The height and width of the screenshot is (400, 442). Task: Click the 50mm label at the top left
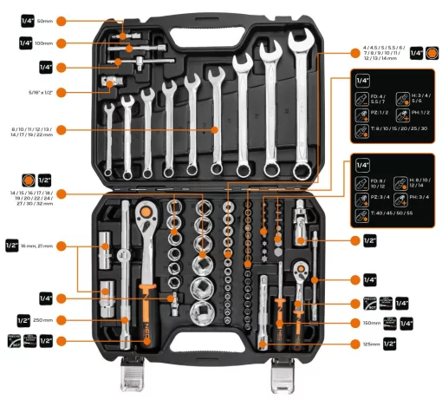pyautogui.click(x=45, y=19)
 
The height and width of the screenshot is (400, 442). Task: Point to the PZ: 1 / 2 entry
pyautogui.click(x=374, y=114)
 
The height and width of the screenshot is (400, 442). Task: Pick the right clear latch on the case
pyautogui.click(x=284, y=376)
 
